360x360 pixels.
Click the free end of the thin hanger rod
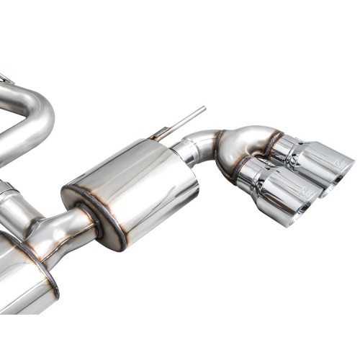pyautogui.click(x=203, y=109)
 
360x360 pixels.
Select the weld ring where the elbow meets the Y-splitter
pyautogui.click(x=218, y=140)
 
